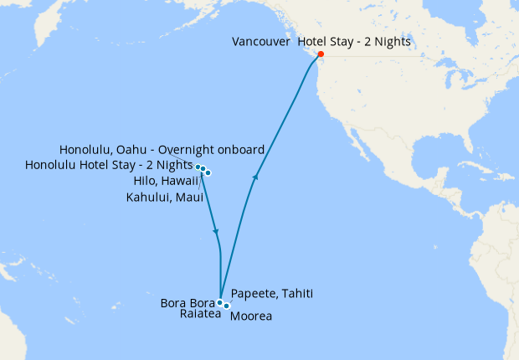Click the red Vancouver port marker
(321, 55)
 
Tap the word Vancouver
(261, 41)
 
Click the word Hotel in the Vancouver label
(313, 41)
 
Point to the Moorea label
(250, 316)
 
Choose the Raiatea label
(200, 315)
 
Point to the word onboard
(239, 149)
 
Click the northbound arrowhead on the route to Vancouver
(255, 177)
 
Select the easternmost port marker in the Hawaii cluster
(208, 173)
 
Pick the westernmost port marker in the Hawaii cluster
(198, 167)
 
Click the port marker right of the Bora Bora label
(219, 302)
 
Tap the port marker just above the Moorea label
(227, 306)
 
